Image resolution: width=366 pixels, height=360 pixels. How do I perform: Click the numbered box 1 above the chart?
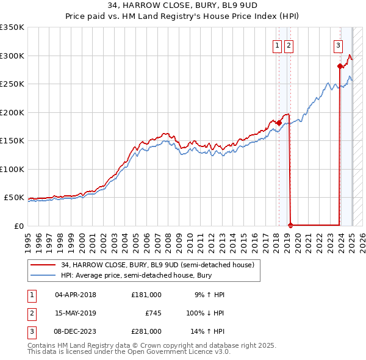tap(277, 45)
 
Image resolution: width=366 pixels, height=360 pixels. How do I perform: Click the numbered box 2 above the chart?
tap(288, 45)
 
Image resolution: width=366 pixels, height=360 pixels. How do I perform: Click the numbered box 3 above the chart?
tap(338, 45)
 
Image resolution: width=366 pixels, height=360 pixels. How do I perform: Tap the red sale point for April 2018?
tap(279, 123)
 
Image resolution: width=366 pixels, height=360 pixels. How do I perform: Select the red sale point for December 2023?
tap(340, 66)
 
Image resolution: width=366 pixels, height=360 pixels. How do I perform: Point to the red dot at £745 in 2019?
tap(290, 225)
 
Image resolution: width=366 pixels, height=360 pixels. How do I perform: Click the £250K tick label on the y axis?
tap(12, 84)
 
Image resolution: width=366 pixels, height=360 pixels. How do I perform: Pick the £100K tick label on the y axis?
tap(12, 169)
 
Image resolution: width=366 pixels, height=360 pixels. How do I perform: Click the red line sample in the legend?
tap(43, 265)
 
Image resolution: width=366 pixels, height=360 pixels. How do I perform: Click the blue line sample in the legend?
tap(43, 275)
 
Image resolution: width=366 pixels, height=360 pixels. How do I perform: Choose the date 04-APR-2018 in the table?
tap(76, 295)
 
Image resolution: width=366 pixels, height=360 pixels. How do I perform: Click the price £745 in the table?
tap(152, 313)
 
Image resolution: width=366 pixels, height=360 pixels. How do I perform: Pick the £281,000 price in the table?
tap(146, 331)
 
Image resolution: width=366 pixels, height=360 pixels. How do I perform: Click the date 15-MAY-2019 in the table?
tap(76, 313)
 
